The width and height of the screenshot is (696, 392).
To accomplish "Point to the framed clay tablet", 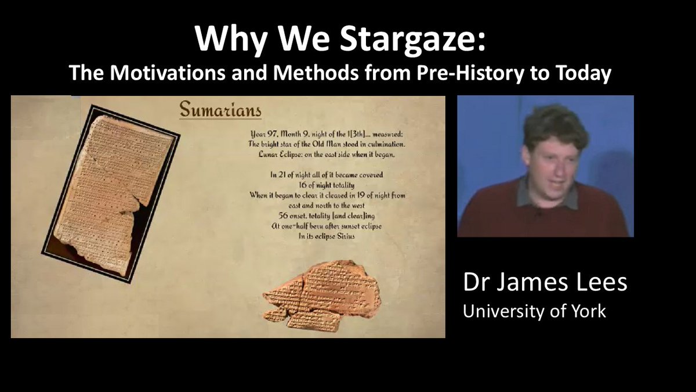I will (x=110, y=193).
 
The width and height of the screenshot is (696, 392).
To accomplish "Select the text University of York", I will (x=534, y=311).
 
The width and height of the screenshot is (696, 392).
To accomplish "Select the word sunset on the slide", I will (x=345, y=226).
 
